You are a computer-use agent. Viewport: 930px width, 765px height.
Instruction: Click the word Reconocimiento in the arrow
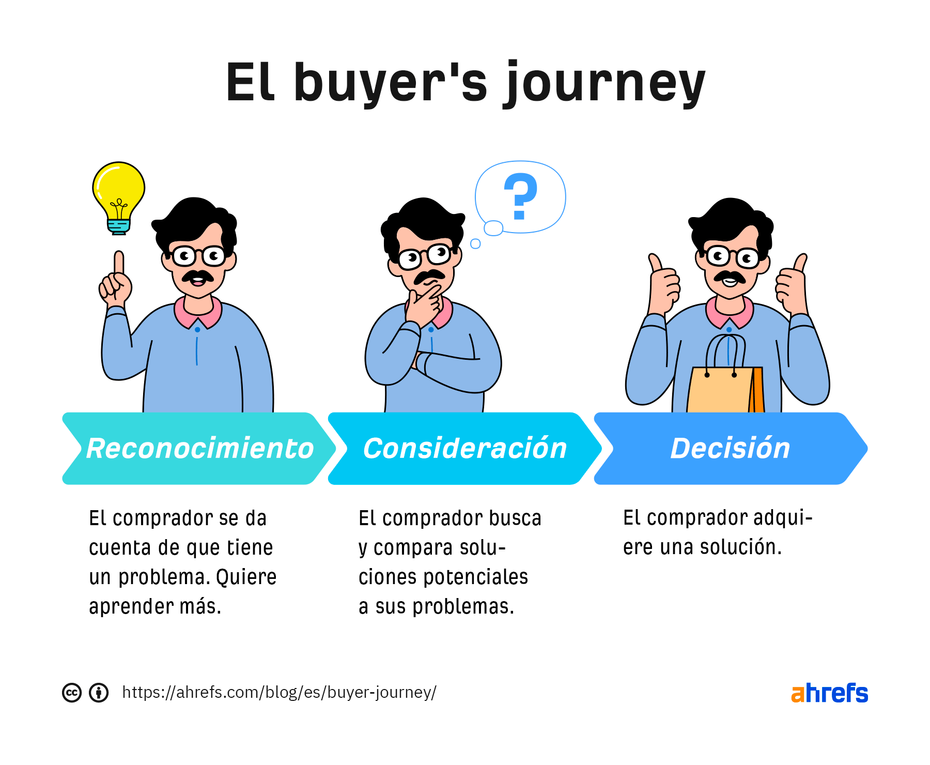[x=200, y=448]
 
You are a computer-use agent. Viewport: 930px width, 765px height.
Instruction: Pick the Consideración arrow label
[x=465, y=448]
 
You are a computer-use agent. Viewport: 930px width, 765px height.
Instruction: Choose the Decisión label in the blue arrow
[x=730, y=448]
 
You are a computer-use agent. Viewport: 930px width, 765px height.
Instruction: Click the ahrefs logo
[x=829, y=693]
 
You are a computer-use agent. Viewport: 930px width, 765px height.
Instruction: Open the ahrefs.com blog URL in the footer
[x=279, y=692]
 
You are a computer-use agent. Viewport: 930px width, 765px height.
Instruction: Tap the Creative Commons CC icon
[x=72, y=693]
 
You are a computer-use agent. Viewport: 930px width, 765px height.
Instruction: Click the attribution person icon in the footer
[x=99, y=693]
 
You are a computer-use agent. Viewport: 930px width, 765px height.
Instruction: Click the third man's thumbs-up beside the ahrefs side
[x=793, y=284]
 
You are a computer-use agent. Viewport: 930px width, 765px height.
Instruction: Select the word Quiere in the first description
[x=246, y=577]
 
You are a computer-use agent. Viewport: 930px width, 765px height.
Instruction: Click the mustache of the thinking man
[x=429, y=277]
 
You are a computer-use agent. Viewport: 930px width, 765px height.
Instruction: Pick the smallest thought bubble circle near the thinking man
[x=475, y=243]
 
